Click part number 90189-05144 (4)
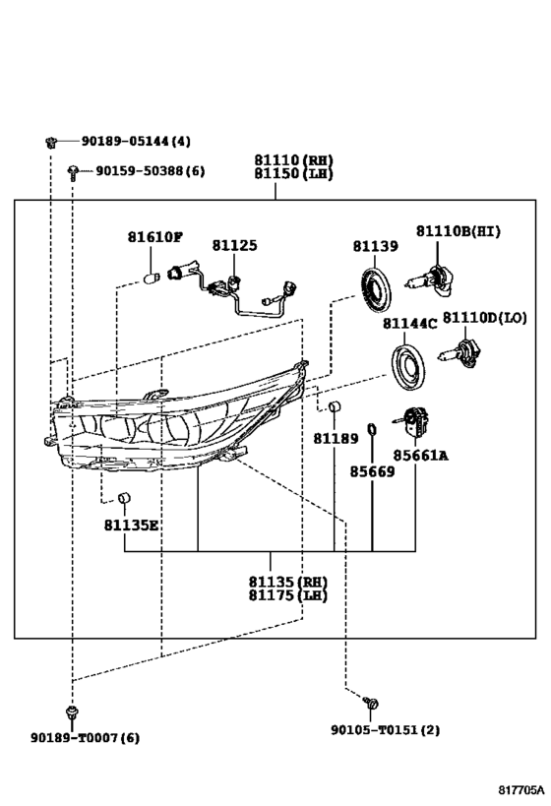(x=136, y=141)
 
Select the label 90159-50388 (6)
(x=151, y=170)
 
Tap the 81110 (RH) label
(x=293, y=159)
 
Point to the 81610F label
(x=155, y=237)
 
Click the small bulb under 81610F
(x=152, y=279)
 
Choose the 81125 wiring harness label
(x=234, y=245)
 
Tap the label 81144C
(x=409, y=324)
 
